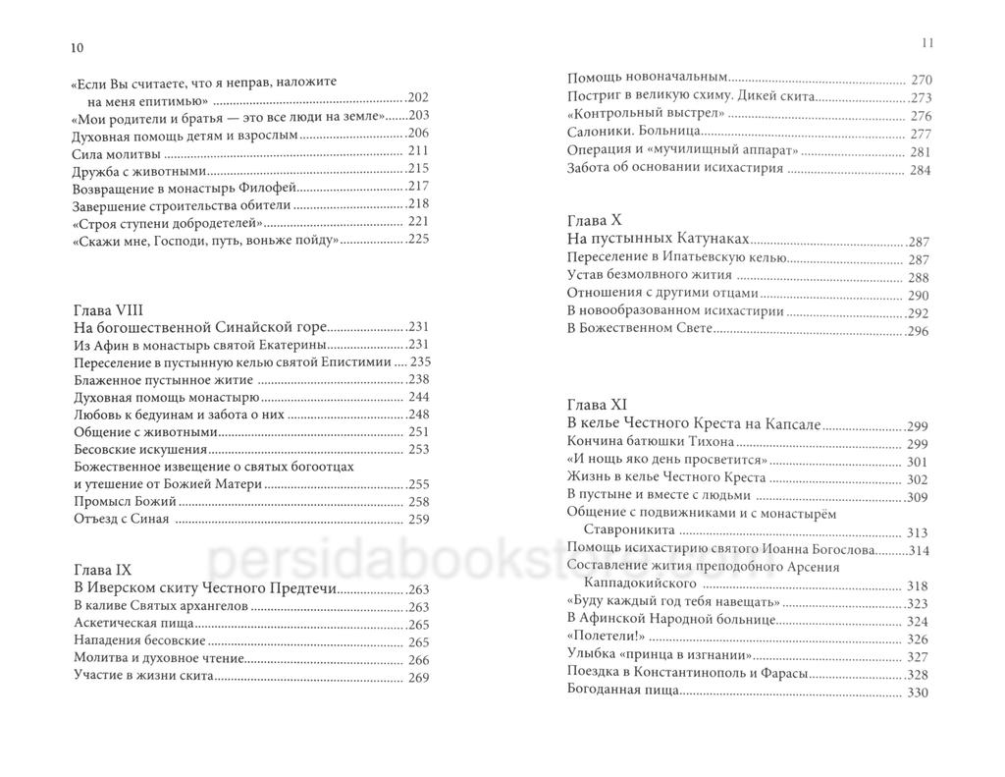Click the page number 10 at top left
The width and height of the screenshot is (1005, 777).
click(x=78, y=46)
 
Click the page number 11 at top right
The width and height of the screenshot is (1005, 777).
click(x=925, y=43)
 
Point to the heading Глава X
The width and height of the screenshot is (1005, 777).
click(x=595, y=221)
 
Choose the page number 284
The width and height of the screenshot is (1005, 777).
click(x=919, y=169)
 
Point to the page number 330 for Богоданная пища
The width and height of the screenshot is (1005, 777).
click(x=919, y=693)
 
